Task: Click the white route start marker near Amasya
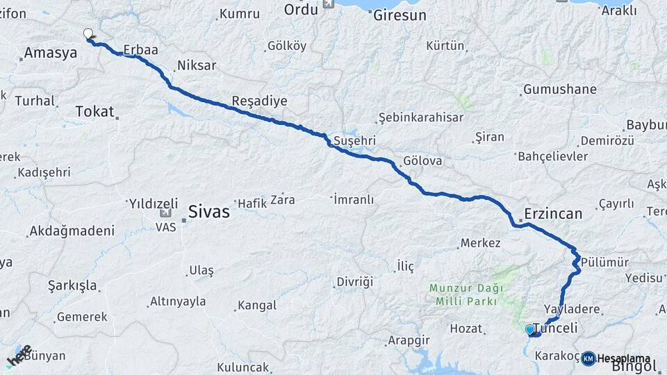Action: click(88, 33)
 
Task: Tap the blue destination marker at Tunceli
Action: click(529, 329)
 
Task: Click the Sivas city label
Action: click(209, 212)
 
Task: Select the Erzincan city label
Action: click(554, 214)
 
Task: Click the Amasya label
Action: click(49, 53)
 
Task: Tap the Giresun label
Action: click(400, 15)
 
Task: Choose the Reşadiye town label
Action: click(259, 101)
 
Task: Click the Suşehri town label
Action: click(355, 140)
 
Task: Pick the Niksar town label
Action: click(197, 66)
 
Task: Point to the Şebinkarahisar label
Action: click(420, 117)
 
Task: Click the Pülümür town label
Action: click(604, 262)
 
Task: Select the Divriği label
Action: click(354, 281)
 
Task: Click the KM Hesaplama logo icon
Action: click(588, 358)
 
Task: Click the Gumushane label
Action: click(560, 90)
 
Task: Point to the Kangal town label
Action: click(257, 305)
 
